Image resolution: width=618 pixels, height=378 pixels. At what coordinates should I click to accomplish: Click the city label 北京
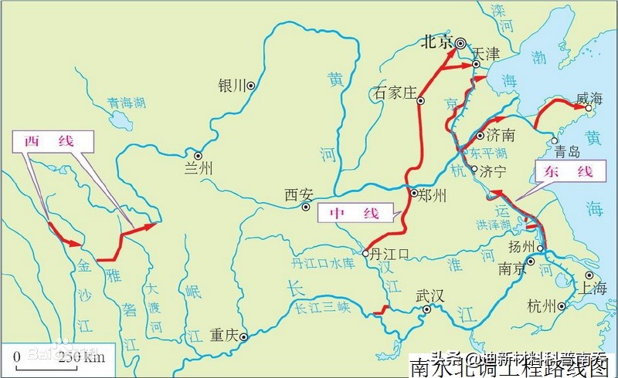coord(436,43)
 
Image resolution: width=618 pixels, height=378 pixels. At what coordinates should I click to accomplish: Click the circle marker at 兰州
coord(198,155)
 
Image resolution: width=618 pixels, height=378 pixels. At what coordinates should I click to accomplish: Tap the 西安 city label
coord(298,194)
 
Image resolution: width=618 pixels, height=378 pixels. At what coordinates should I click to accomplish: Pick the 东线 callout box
coord(563,172)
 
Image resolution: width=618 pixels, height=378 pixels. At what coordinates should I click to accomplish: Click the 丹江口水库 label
coord(321,263)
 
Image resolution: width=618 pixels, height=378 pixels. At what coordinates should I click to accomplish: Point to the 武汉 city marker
coord(426,310)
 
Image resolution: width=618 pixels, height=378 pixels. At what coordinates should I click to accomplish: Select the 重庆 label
coord(223,336)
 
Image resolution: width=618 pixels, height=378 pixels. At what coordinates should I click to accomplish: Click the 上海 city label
coord(595,289)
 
